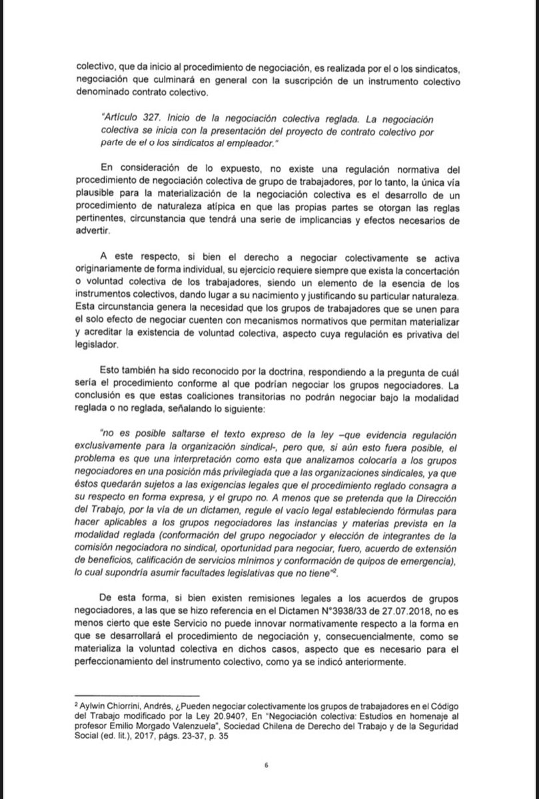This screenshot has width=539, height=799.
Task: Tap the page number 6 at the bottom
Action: coord(265,764)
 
